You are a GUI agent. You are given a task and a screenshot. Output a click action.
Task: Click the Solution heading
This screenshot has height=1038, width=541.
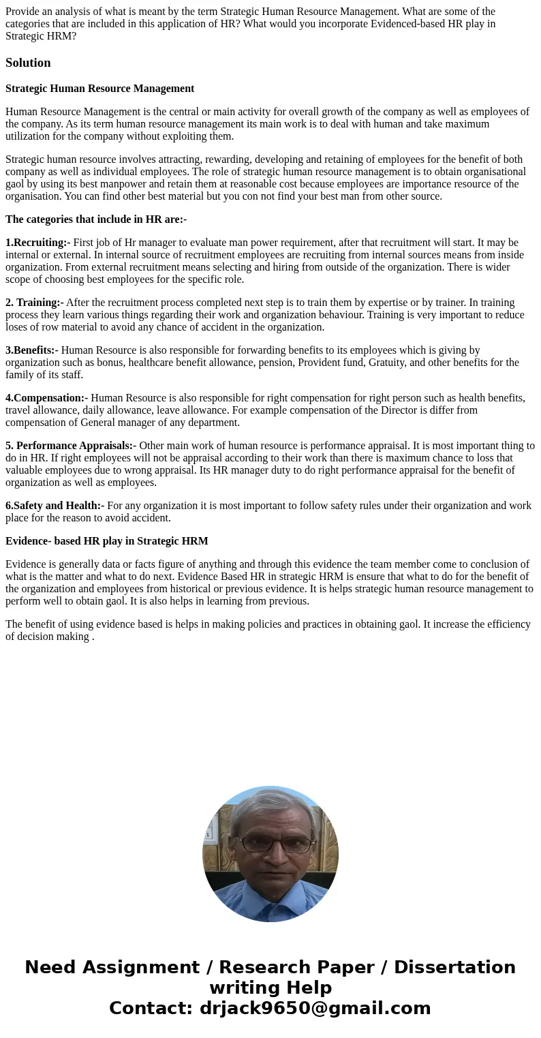tap(28, 63)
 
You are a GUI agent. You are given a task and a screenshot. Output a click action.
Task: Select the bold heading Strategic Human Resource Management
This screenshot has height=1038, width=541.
tap(99, 89)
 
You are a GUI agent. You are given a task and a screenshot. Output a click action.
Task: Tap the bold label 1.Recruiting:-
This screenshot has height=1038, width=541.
tap(37, 243)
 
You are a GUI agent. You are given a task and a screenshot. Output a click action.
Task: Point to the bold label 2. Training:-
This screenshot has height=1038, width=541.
tap(34, 303)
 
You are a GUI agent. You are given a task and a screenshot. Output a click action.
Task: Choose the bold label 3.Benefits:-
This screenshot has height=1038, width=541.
tap(31, 350)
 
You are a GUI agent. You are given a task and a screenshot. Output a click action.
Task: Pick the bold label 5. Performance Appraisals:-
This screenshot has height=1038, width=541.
tap(71, 446)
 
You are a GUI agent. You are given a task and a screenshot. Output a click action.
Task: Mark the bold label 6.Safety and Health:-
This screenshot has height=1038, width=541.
tap(55, 506)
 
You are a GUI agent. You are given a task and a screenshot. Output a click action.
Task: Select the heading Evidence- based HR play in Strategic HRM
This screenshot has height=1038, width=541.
tap(106, 541)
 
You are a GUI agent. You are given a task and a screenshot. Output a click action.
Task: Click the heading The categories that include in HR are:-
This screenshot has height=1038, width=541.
tap(96, 219)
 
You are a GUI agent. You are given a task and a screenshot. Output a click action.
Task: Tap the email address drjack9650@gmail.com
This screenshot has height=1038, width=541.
tap(315, 1008)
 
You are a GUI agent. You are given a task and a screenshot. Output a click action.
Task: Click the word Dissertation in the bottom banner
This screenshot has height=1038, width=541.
tap(454, 967)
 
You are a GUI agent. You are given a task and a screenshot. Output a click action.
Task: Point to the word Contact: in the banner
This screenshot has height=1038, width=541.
tap(151, 1008)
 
